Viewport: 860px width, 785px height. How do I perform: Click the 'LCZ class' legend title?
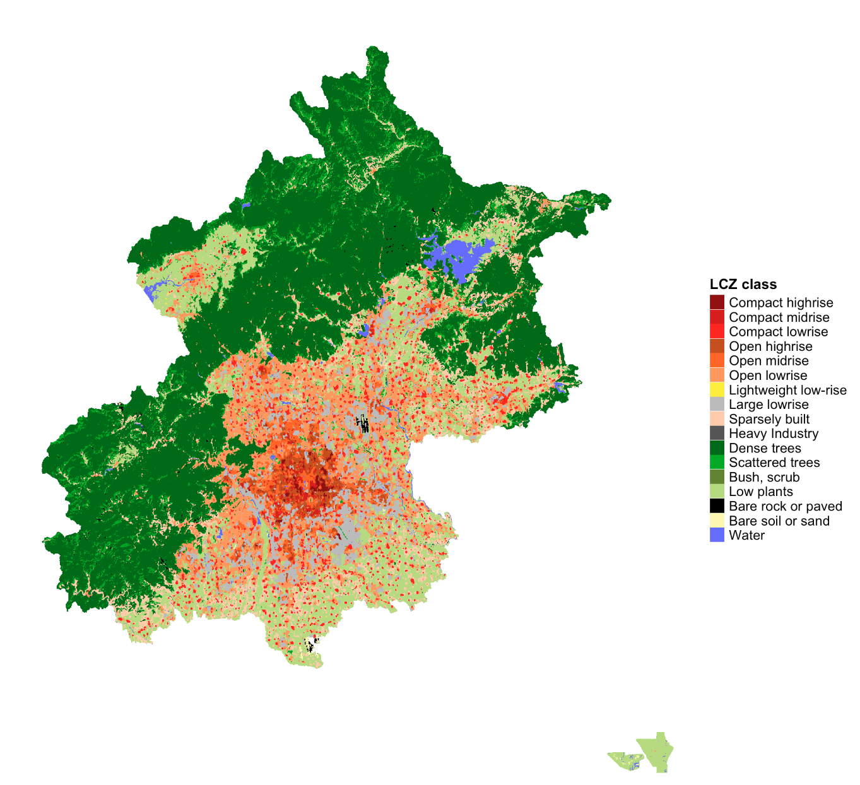click(743, 285)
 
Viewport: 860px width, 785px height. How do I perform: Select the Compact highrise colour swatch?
click(717, 302)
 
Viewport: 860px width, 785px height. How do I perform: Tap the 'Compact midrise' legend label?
click(779, 317)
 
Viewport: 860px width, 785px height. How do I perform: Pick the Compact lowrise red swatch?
click(717, 331)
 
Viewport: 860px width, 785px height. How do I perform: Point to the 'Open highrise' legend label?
click(770, 346)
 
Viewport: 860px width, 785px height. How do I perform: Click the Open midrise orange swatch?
click(717, 360)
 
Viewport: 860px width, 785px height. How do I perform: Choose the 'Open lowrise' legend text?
click(768, 375)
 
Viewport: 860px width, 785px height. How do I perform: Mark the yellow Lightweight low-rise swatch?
click(717, 389)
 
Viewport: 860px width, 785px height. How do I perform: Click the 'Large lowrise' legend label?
click(769, 404)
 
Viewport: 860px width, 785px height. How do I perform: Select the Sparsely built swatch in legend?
click(717, 418)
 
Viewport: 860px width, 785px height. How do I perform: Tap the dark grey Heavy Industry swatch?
click(717, 433)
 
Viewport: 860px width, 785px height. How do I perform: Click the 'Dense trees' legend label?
click(765, 448)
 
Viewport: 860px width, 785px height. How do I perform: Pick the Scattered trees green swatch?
click(717, 462)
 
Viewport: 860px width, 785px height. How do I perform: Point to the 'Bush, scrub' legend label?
click(764, 477)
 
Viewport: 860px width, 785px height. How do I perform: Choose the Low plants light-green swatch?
click(717, 491)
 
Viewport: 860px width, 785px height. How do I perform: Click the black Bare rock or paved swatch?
click(717, 505)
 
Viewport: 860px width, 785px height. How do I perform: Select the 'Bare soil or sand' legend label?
click(779, 521)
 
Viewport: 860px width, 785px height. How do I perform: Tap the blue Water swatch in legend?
click(717, 534)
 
